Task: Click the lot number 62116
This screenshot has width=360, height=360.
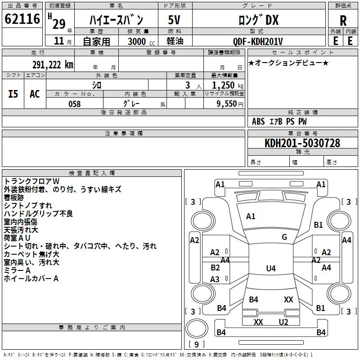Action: click(x=22, y=19)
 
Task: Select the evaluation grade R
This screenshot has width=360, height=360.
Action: click(x=343, y=21)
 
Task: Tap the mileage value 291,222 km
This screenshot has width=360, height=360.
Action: click(x=53, y=65)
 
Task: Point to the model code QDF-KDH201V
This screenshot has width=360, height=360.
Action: click(x=257, y=41)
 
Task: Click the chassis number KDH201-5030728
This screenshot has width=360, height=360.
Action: click(x=302, y=143)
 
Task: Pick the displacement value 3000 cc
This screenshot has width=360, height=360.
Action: click(x=141, y=42)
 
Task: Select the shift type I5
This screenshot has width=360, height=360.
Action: click(x=13, y=94)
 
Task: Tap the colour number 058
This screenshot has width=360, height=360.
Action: click(x=74, y=104)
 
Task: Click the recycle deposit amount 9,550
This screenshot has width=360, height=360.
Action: click(x=226, y=104)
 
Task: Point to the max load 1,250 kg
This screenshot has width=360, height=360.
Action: click(x=228, y=85)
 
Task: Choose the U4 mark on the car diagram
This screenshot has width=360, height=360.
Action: click(x=271, y=268)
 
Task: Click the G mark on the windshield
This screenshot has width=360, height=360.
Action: click(x=284, y=237)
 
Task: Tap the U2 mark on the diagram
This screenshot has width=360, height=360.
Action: click(x=283, y=322)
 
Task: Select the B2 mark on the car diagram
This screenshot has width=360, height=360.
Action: click(x=215, y=267)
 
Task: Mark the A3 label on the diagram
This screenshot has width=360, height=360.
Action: click(x=215, y=279)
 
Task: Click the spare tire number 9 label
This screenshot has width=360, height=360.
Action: click(x=196, y=344)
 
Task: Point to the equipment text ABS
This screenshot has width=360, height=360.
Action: click(x=258, y=121)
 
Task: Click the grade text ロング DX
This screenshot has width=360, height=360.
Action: click(x=258, y=20)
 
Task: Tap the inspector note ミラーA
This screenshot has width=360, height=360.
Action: click(x=17, y=270)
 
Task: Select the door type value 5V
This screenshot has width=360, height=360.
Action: click(x=174, y=20)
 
